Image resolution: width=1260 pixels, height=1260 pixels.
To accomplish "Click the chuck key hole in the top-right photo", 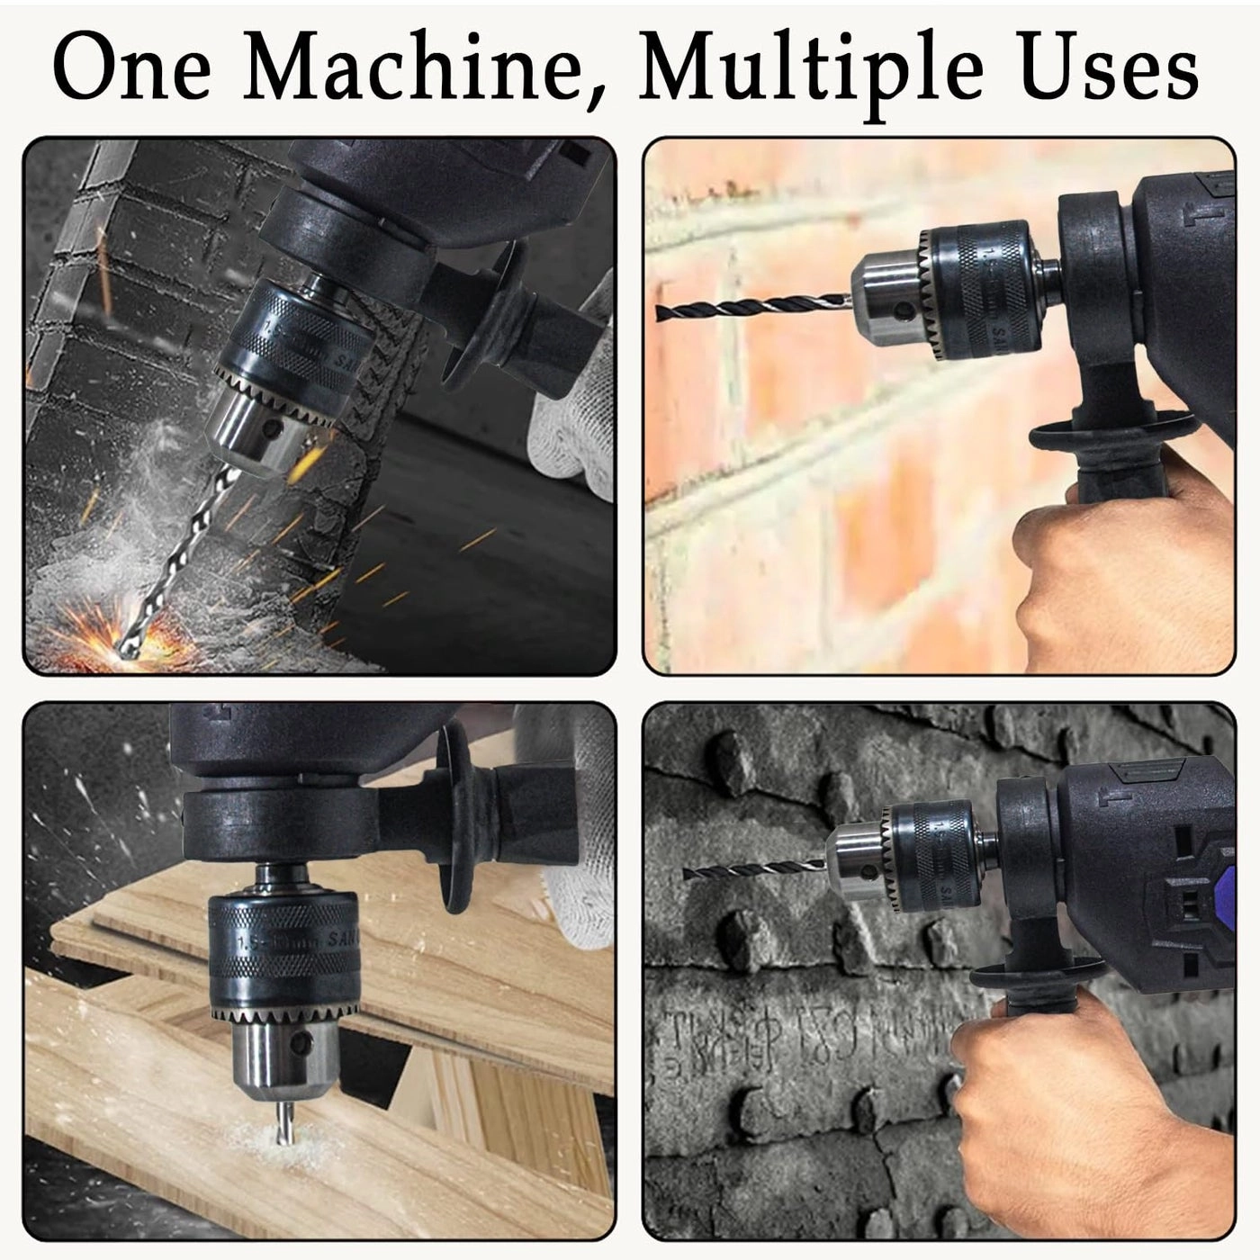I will point(904,311).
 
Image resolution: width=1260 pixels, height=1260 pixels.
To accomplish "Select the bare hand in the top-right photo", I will point(1116,576).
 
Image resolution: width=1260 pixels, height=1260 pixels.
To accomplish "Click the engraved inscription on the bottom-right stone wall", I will point(792,1035).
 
